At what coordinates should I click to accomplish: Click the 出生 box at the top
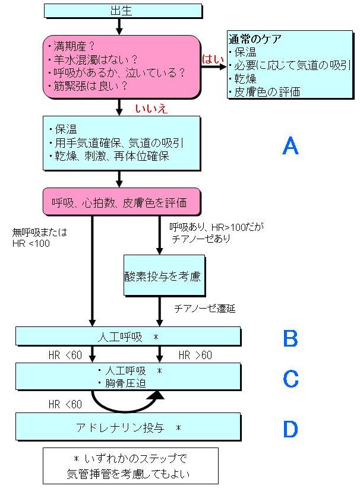(119, 10)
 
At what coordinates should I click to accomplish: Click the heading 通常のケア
(255, 39)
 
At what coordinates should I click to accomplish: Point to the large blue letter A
(290, 145)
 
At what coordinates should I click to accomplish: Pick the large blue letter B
(290, 338)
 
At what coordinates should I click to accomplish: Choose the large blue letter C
(290, 379)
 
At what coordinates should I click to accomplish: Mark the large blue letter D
(290, 428)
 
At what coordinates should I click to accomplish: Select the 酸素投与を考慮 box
(164, 276)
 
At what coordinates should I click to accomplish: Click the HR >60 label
(195, 355)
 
